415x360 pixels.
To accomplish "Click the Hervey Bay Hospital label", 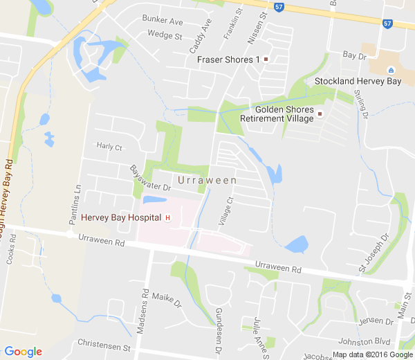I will coord(121,217).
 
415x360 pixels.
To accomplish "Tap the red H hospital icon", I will coord(167,218).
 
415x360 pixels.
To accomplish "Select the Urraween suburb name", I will coord(207,180).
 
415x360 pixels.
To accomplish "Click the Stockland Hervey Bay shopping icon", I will coord(391,70).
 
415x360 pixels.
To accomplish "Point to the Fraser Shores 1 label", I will coord(228,60).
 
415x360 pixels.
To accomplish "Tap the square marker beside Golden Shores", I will coord(320,114).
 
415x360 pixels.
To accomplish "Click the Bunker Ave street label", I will coord(163,21).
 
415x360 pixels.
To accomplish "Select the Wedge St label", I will coord(165,35).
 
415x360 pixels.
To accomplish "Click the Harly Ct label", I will coord(109,147).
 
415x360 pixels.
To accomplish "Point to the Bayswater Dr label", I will coord(151,179).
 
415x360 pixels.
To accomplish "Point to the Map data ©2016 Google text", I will coord(371,354).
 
